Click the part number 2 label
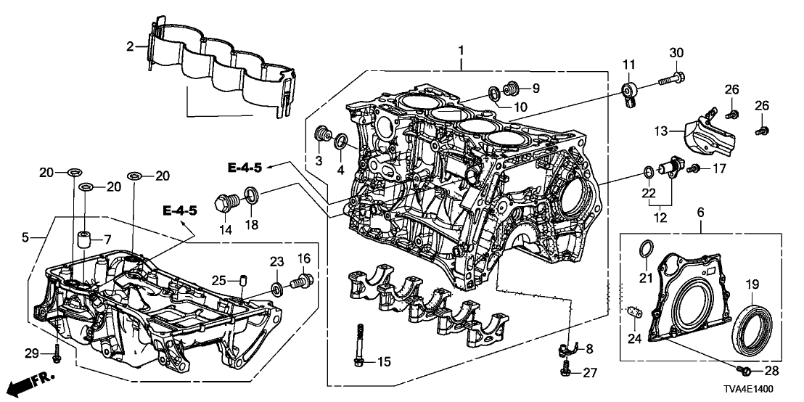tap(130, 46)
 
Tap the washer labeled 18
tap(251, 194)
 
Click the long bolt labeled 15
tap(360, 348)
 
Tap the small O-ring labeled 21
tap(643, 250)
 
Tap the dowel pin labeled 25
tap(244, 279)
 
